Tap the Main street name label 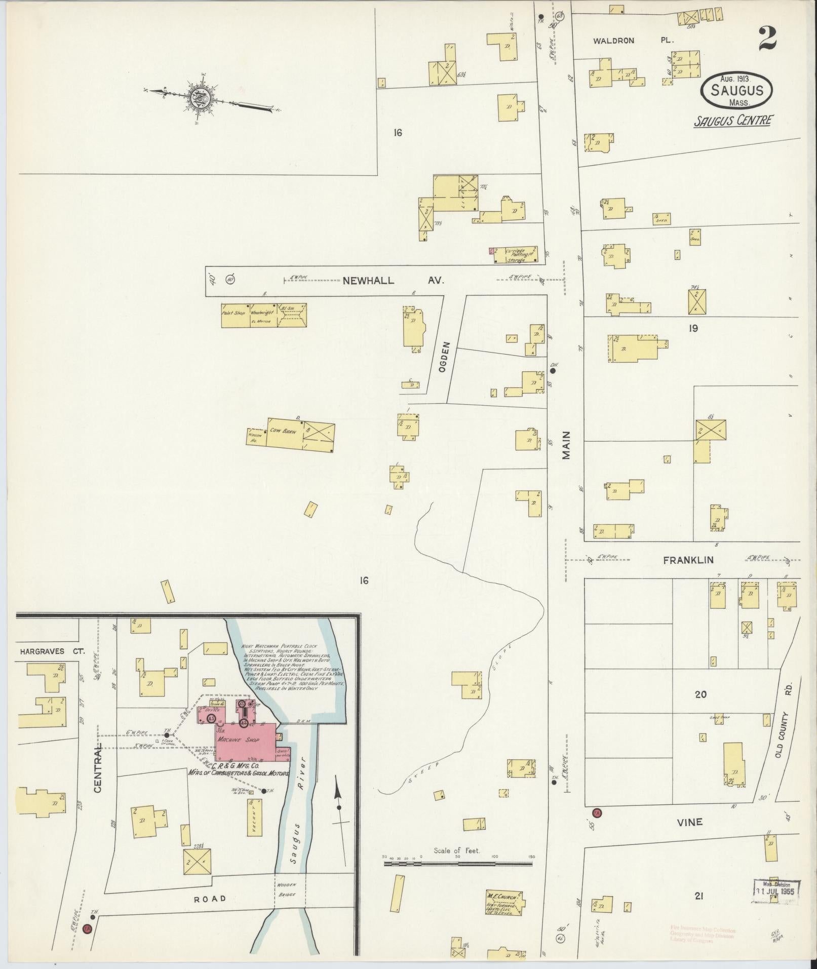(x=566, y=445)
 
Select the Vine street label (x=690, y=822)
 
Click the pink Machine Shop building (x=246, y=741)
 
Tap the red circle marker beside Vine (x=597, y=813)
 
